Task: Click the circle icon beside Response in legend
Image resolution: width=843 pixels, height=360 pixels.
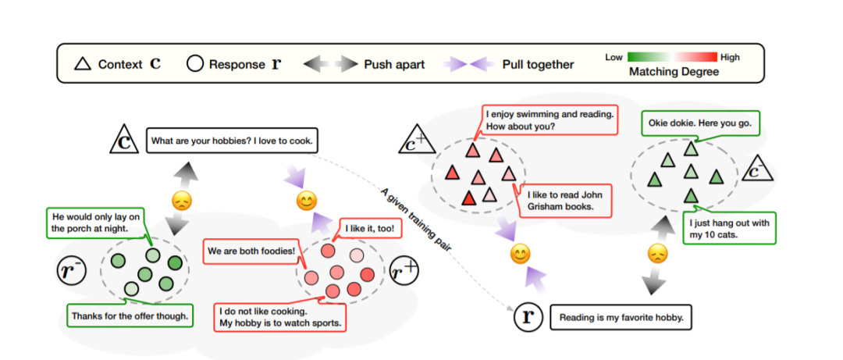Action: [x=195, y=64]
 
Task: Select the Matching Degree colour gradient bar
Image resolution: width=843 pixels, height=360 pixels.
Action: [x=673, y=57]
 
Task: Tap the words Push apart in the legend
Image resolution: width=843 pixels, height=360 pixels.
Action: [x=393, y=64]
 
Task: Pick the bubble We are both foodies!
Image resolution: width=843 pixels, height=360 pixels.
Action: [x=250, y=251]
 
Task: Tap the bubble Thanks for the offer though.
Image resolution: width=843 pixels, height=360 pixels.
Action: [x=130, y=316]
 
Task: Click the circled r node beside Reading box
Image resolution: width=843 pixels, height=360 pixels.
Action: [x=528, y=316]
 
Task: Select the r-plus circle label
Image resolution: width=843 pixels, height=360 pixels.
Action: [x=404, y=271]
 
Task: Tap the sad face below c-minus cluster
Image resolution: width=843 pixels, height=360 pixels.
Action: [x=658, y=253]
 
